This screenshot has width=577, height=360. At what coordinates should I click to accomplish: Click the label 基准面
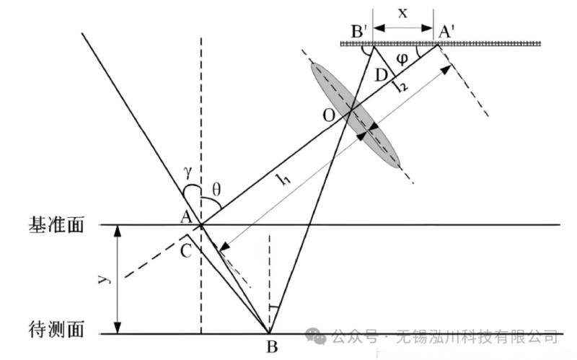click(56, 224)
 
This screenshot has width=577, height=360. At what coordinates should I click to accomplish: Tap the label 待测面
click(56, 329)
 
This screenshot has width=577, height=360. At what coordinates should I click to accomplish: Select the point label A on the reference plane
click(187, 216)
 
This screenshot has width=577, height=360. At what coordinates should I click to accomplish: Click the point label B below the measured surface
click(272, 346)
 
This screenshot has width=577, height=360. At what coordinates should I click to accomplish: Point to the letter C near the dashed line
click(186, 251)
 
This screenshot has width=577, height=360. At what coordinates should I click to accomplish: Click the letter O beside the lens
click(330, 115)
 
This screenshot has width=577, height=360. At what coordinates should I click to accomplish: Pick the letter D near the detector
click(382, 75)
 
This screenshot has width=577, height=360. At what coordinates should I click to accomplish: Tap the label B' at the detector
click(359, 31)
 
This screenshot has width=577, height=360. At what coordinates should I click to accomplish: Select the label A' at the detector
click(446, 31)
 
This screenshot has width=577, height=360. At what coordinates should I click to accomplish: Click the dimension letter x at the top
click(403, 13)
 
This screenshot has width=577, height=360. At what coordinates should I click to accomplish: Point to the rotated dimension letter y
click(105, 278)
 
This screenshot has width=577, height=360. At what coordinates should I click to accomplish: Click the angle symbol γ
click(188, 172)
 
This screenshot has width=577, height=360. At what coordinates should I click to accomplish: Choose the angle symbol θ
click(216, 190)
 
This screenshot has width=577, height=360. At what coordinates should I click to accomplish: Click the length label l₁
click(283, 179)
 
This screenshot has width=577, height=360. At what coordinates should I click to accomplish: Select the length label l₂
click(401, 87)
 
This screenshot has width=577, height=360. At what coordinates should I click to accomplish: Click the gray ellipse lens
click(355, 115)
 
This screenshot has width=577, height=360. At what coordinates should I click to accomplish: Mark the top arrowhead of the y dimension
click(118, 230)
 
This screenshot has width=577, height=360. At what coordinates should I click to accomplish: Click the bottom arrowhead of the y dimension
click(118, 328)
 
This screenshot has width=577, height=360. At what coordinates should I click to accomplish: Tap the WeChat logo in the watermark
click(316, 335)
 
